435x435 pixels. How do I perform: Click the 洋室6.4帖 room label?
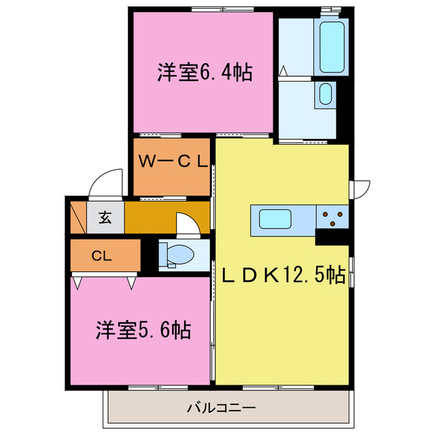click(x=205, y=72)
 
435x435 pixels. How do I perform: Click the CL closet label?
click(x=101, y=256)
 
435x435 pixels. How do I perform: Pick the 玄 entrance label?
click(x=105, y=218)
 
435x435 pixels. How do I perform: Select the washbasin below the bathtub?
click(x=325, y=94)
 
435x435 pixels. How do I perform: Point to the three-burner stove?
click(x=332, y=217)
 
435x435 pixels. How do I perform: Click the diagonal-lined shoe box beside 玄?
click(x=76, y=217)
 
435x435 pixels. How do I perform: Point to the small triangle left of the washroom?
click(x=284, y=69)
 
